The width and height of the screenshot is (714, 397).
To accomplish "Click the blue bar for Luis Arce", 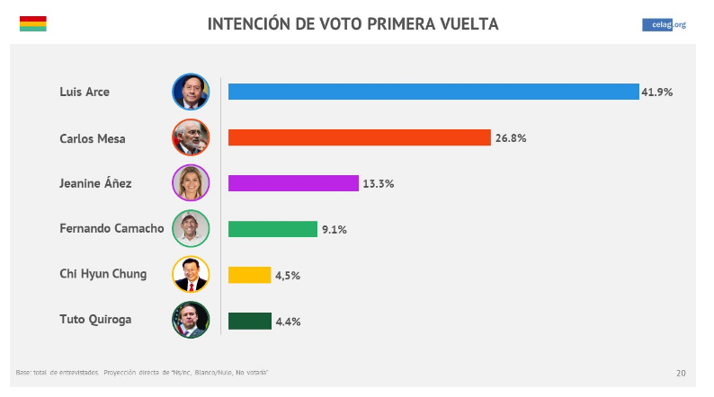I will [433, 92].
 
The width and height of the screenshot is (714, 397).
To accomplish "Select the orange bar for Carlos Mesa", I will [360, 137].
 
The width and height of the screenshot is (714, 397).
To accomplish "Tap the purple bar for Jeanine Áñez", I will [293, 183].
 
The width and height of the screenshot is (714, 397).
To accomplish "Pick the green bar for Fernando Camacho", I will [272, 229].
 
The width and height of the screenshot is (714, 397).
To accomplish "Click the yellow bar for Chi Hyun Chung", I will [249, 275].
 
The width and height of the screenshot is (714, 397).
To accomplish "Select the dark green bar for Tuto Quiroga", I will [249, 321].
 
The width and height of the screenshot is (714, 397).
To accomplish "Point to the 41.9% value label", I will [656, 92].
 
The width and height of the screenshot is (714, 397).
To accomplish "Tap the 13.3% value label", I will [378, 184].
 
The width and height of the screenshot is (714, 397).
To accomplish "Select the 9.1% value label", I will [334, 230].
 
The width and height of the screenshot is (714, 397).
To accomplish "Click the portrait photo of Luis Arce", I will [191, 92].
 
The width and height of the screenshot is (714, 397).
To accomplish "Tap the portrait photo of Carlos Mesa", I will [191, 137].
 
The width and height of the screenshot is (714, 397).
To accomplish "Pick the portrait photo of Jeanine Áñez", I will [191, 183].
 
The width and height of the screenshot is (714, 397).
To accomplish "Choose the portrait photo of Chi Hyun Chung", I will [191, 275].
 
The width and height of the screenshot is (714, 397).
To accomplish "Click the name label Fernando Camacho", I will [112, 228].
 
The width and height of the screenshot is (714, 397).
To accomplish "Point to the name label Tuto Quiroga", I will [95, 320].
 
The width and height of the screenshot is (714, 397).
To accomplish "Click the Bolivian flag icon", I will [32, 23].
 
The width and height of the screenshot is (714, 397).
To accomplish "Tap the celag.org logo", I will [664, 24].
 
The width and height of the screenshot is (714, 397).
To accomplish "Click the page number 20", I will [681, 373].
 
